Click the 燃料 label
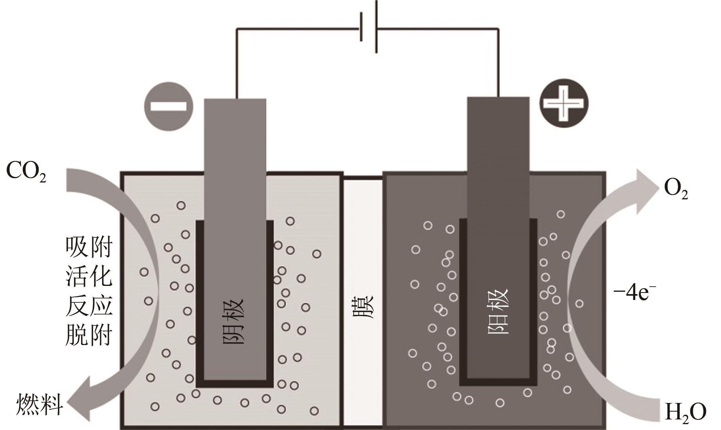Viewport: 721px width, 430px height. coord(40,405)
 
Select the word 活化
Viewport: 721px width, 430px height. coord(89,276)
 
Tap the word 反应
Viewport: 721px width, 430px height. coord(89,305)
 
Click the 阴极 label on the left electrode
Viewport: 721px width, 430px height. coord(234,321)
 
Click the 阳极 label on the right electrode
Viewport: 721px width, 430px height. coord(498,311)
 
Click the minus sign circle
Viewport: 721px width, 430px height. coord(169,106)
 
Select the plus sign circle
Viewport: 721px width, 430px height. coord(564,103)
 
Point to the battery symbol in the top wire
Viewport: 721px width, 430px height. coord(369,27)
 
